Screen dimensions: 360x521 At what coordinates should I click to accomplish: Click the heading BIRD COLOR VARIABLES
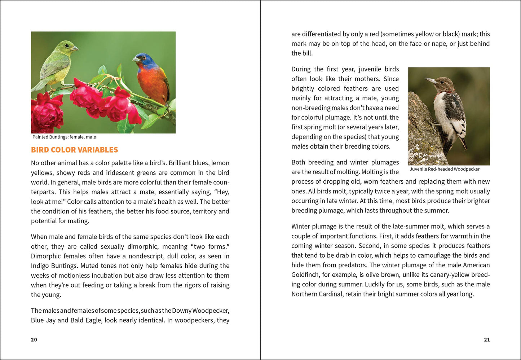point(74,150)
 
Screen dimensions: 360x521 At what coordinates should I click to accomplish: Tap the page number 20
point(34,339)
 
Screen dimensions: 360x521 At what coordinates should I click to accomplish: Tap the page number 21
point(487,339)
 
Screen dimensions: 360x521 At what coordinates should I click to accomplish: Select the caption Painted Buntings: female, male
point(64,137)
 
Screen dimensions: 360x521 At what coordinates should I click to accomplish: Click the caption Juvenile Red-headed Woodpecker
point(445,169)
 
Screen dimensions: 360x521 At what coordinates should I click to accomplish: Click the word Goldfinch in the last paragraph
point(305,275)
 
